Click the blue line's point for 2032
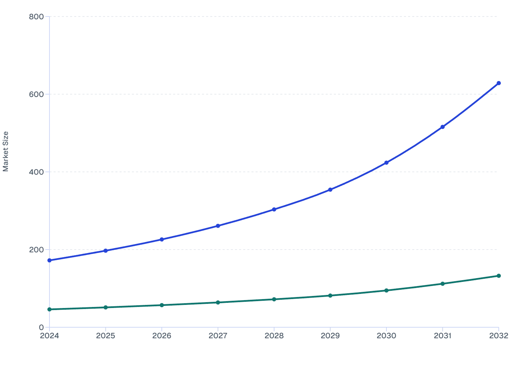pos(498,83)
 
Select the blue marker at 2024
pos(49,260)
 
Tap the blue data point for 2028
pos(274,209)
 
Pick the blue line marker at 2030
pos(386,163)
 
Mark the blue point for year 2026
pos(162,239)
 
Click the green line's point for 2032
pos(498,276)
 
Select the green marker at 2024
pos(49,309)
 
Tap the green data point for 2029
pos(330,296)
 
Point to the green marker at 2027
pos(218,302)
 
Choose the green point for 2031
pos(442,284)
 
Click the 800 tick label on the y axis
pos(36,16)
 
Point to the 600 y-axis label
pos(36,94)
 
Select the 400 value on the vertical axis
pos(36,172)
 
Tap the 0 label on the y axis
pos(41,327)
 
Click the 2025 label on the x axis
pos(105,336)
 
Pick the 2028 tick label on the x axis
pos(274,336)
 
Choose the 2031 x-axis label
pos(442,336)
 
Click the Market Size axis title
pos(6,152)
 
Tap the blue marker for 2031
pos(442,127)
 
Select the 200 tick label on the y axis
pos(36,250)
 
